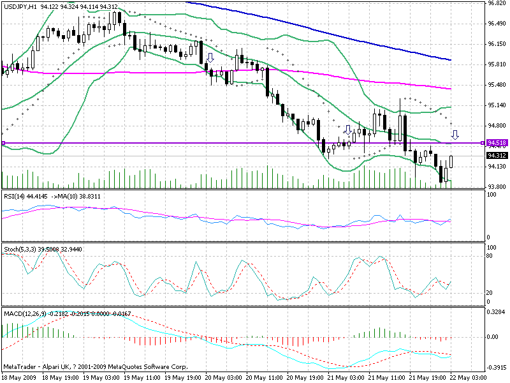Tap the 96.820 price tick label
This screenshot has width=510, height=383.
[x=497, y=3]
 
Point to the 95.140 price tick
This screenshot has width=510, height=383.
[x=497, y=105]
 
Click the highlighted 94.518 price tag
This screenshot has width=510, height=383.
[x=497, y=142]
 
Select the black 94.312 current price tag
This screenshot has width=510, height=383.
[x=497, y=155]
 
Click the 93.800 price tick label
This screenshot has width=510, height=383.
[x=497, y=187]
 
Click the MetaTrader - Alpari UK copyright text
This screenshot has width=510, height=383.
[x=96, y=368]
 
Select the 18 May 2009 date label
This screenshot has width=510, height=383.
[x=19, y=378]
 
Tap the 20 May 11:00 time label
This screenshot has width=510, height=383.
[x=264, y=378]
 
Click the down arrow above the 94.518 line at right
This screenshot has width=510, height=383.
[x=455, y=134]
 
